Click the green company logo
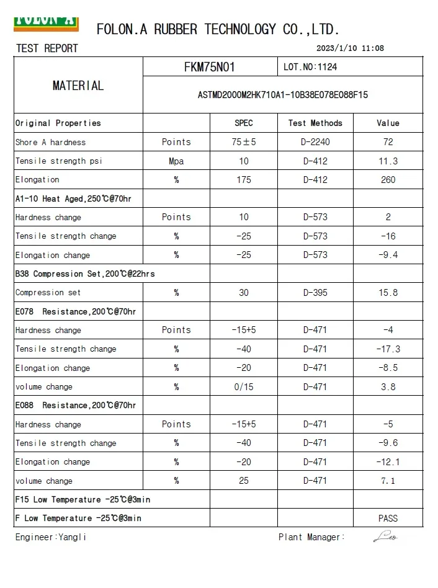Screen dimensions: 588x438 46,21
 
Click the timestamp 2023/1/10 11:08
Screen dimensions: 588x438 350,48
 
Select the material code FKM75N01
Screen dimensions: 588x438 209,67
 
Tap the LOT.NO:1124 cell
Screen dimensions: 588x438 310,67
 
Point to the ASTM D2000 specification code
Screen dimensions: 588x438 282,95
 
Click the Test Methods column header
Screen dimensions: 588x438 315,123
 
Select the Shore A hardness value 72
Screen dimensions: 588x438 388,142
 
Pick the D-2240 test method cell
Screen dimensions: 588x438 315,142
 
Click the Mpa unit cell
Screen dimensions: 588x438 176,161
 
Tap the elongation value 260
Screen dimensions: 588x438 388,180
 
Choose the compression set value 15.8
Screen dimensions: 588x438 388,293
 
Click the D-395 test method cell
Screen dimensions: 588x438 315,293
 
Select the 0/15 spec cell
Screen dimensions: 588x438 244,387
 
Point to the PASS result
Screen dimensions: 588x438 388,519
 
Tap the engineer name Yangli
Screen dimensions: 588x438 72,538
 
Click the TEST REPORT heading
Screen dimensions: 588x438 47,48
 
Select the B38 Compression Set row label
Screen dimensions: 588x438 85,274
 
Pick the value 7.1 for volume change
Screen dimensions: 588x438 388,481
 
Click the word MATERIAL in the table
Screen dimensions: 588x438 78,86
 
